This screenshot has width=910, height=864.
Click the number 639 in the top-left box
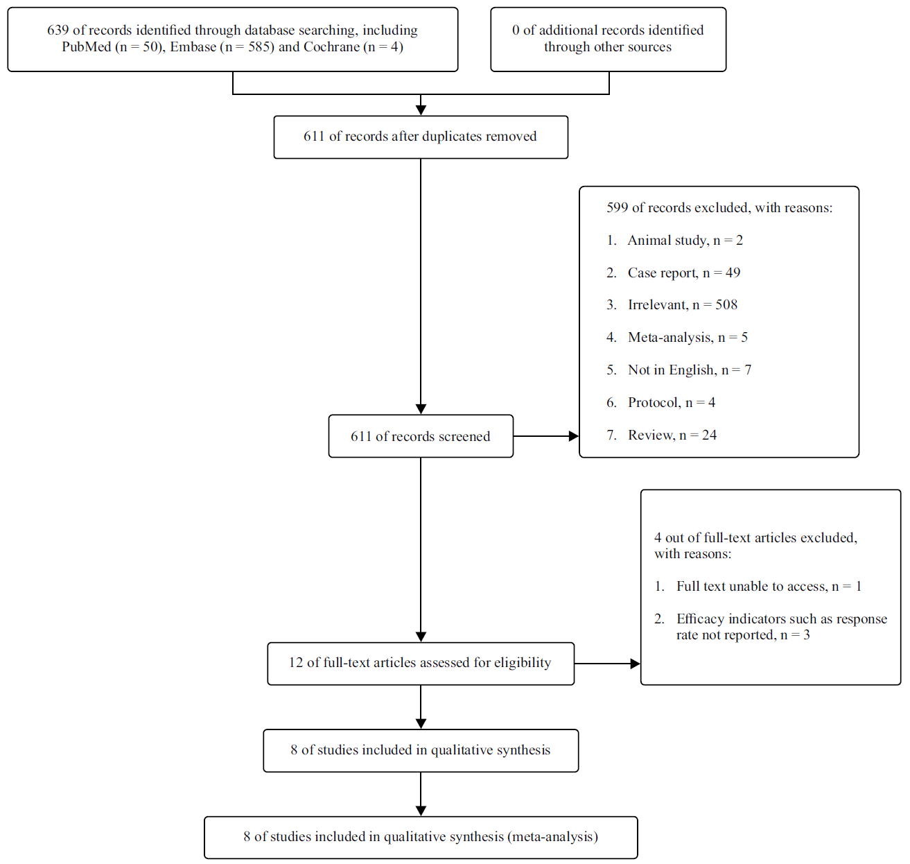pyautogui.click(x=58, y=31)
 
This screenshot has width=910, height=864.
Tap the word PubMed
pyautogui.click(x=86, y=47)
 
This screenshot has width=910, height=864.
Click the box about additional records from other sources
pyautogui.click(x=608, y=39)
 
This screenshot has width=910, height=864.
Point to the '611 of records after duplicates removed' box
pyautogui.click(x=420, y=137)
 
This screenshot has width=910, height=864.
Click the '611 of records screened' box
pyautogui.click(x=420, y=436)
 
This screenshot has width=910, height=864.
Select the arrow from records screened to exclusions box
pyautogui.click(x=546, y=436)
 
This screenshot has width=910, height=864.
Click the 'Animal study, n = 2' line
pyautogui.click(x=685, y=241)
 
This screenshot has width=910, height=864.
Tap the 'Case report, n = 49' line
pyautogui.click(x=683, y=273)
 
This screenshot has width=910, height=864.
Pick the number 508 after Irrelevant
pyautogui.click(x=726, y=305)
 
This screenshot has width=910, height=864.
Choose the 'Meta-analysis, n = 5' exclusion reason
pyautogui.click(x=688, y=338)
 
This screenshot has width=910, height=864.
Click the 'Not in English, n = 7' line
pyautogui.click(x=689, y=370)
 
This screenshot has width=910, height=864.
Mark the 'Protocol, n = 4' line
pyautogui.click(x=671, y=403)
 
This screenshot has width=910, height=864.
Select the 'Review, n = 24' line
pyautogui.click(x=672, y=435)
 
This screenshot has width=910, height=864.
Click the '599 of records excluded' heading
pyautogui.click(x=719, y=208)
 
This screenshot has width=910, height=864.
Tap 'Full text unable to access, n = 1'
pyautogui.click(x=769, y=587)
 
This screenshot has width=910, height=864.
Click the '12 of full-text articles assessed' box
pyautogui.click(x=420, y=663)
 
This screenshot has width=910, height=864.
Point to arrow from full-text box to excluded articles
pyautogui.click(x=607, y=664)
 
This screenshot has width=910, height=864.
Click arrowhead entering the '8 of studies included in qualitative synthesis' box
pyautogui.click(x=421, y=724)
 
